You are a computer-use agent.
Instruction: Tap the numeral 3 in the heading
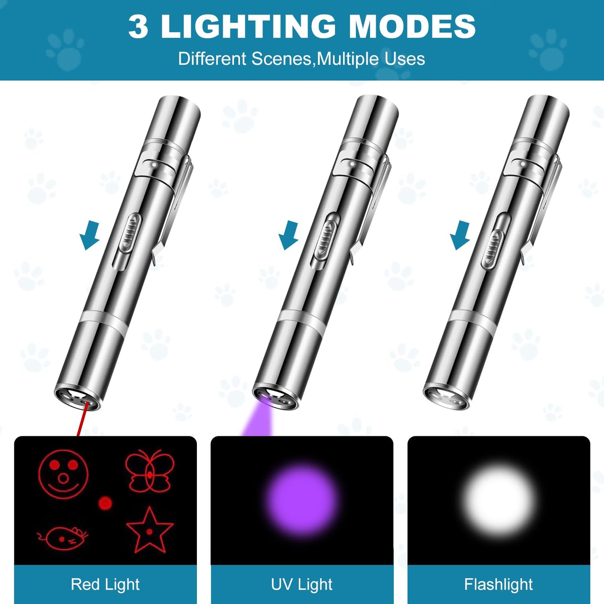138,27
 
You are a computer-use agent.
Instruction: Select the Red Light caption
105,584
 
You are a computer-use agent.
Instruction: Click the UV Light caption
301,584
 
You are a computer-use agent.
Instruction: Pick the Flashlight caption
498,584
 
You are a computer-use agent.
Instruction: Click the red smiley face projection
63,474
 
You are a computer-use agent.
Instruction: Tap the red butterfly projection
149,471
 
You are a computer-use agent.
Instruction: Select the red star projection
149,530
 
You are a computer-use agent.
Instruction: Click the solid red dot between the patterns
105,503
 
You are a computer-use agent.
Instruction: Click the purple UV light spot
302,500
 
